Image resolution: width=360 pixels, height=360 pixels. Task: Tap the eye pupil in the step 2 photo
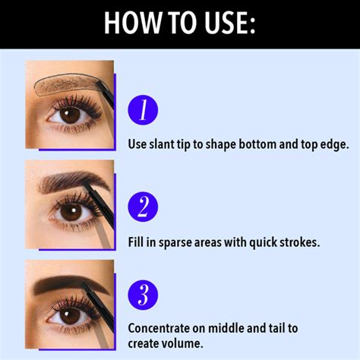tap(70, 213)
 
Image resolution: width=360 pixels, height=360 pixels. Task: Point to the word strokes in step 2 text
tap(295, 242)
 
